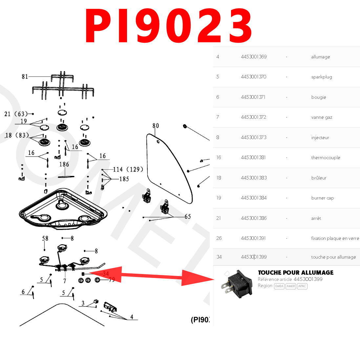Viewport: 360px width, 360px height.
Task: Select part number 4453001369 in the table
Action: (x=254, y=57)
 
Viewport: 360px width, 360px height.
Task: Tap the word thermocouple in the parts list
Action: (x=326, y=158)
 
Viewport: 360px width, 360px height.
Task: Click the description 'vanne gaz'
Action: (x=322, y=117)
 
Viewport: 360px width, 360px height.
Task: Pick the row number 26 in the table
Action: (x=219, y=238)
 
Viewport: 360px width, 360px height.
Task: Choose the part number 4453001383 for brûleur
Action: (x=254, y=178)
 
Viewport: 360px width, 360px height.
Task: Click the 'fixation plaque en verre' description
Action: (x=335, y=238)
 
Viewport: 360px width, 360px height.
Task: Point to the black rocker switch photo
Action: (x=237, y=284)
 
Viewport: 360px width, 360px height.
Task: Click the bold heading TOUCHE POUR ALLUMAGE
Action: (x=296, y=273)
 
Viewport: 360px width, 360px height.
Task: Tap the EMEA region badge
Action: (x=279, y=286)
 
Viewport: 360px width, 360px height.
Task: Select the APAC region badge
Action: (x=302, y=286)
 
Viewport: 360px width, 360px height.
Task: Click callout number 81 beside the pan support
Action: (x=25, y=76)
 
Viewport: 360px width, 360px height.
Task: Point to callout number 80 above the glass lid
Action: (x=156, y=126)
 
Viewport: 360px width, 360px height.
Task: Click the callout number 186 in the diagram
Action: (x=64, y=164)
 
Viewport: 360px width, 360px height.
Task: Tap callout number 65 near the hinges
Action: (x=187, y=217)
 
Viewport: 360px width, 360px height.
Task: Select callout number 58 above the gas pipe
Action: (x=45, y=238)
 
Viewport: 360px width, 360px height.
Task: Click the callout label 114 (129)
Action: (x=128, y=169)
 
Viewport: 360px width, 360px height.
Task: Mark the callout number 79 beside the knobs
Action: (x=112, y=280)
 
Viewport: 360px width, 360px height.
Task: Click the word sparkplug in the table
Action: (x=322, y=77)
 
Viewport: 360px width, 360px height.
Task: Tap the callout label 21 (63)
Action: (x=16, y=114)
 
